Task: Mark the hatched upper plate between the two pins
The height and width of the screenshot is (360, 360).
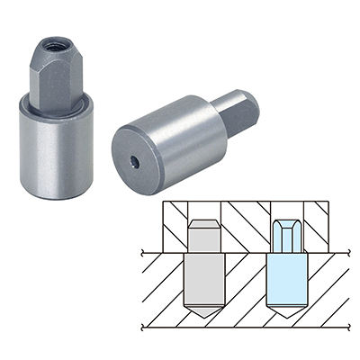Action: [245, 225]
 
